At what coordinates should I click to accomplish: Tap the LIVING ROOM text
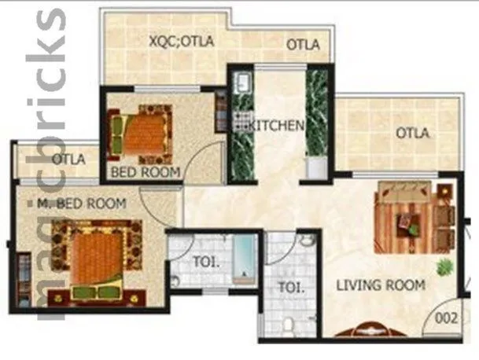(x=381, y=285)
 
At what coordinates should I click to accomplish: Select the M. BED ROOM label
(x=82, y=204)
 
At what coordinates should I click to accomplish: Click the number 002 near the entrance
(x=448, y=320)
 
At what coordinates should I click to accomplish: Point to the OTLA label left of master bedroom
(x=68, y=160)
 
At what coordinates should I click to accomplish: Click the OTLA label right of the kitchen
(x=412, y=133)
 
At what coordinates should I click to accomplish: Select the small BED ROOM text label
(x=146, y=171)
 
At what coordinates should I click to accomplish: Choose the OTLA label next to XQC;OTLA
(x=302, y=45)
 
